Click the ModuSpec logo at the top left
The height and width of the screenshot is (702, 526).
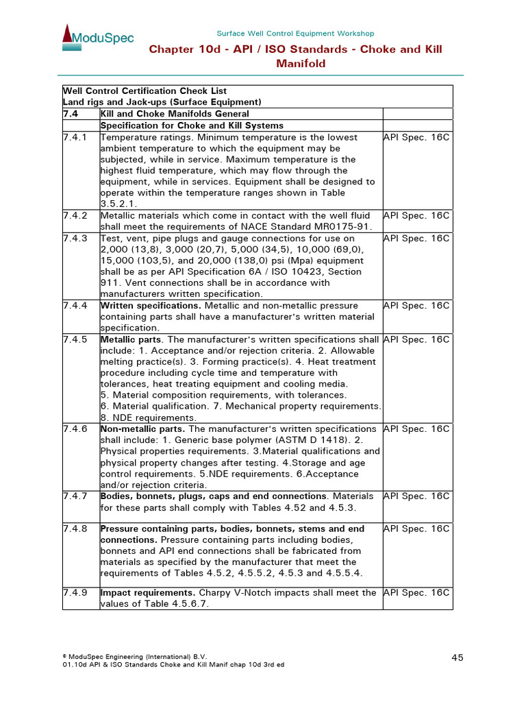pos(98,38)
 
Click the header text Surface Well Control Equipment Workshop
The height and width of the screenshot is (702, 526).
pos(295,34)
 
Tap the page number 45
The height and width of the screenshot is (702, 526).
pos(458,657)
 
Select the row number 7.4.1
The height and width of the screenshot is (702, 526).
pos(75,138)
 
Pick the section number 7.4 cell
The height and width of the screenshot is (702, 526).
pos(71,114)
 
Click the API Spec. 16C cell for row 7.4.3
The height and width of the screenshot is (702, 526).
pos(416,239)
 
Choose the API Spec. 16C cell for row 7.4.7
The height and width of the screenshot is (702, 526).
pos(416,496)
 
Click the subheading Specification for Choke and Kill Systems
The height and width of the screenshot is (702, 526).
pos(192,125)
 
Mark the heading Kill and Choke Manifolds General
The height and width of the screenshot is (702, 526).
pos(175,114)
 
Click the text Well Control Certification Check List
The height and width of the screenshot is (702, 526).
pos(145,91)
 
